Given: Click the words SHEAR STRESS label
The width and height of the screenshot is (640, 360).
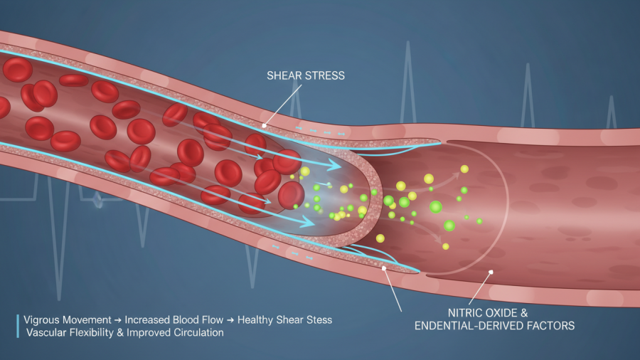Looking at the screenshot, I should tap(305, 75).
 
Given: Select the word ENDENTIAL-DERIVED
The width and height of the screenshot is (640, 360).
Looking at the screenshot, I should tap(465, 326).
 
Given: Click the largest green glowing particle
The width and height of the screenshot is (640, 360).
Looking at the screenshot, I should tap(435, 207).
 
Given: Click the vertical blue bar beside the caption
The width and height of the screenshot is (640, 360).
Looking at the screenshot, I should tap(17, 326).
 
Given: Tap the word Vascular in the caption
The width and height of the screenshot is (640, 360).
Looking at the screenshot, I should tap(44, 332).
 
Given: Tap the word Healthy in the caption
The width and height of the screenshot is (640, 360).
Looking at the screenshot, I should tap(257, 320).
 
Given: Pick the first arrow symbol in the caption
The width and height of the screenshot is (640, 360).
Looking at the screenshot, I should tap(116, 320).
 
